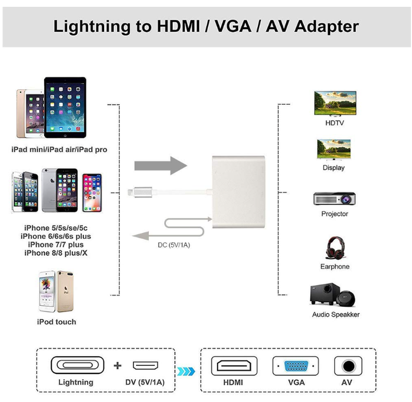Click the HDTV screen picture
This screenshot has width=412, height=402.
[x=335, y=104]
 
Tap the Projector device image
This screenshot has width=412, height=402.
[x=335, y=199]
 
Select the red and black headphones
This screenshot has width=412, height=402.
[x=335, y=247]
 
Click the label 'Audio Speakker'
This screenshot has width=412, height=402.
[x=336, y=314]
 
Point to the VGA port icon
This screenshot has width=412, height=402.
[x=296, y=366]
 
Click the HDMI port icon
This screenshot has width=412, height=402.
[x=234, y=366]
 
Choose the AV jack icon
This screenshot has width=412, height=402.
[x=348, y=366]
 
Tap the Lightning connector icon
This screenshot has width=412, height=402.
[x=77, y=365]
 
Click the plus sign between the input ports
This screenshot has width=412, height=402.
[x=117, y=365]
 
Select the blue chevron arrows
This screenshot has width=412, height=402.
[x=186, y=371]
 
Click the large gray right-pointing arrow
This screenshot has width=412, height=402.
[x=161, y=165]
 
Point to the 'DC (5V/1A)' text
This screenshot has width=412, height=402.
[x=174, y=245]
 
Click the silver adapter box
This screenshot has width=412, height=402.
[x=239, y=192]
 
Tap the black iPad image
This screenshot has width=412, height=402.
[x=65, y=107]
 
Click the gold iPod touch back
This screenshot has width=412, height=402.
[x=65, y=291]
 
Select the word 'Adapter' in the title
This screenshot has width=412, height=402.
[x=327, y=26]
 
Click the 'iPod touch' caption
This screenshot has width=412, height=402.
[x=57, y=322]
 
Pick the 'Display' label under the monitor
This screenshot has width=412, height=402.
[x=334, y=168]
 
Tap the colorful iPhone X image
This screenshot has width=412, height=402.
[x=92, y=193]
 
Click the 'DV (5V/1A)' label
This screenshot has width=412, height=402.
[x=145, y=382]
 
